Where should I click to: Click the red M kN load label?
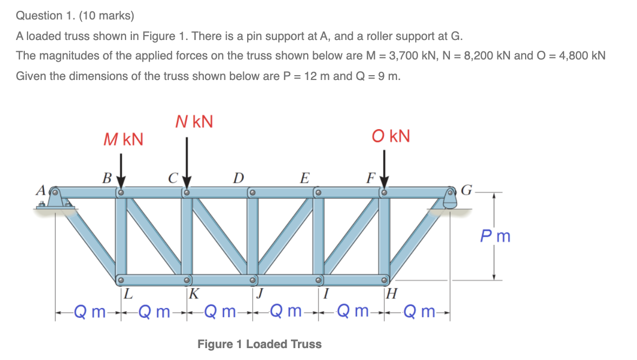pyautogui.click(x=123, y=140)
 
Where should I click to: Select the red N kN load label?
pyautogui.click(x=194, y=122)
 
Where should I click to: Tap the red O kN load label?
pyautogui.click(x=391, y=136)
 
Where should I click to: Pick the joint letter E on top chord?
pyautogui.click(x=305, y=177)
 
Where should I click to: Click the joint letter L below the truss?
pyautogui.click(x=128, y=295)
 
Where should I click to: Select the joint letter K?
pyautogui.click(x=193, y=295)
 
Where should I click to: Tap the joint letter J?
pyautogui.click(x=260, y=295)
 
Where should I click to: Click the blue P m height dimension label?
pyautogui.click(x=495, y=236)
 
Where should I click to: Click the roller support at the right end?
pyautogui.click(x=450, y=201)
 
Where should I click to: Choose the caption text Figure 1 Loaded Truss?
pyautogui.click(x=259, y=344)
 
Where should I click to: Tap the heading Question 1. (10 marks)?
pyautogui.click(x=75, y=16)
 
